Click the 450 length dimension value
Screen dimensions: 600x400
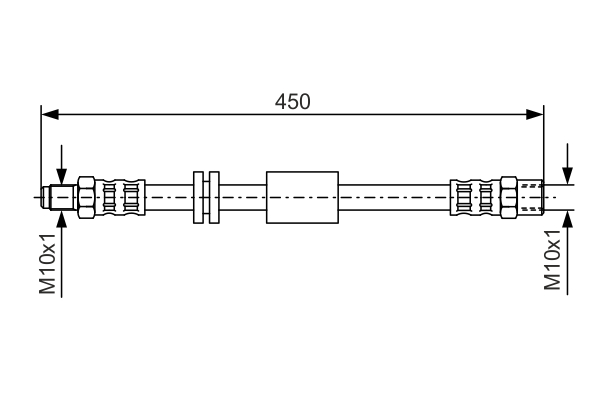click(293, 101)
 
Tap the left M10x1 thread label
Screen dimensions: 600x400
click(48, 263)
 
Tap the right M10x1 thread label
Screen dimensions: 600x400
click(552, 260)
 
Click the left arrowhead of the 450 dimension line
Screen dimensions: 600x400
click(50, 114)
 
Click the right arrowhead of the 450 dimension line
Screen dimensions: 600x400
click(535, 114)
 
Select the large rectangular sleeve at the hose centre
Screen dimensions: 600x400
click(302, 197)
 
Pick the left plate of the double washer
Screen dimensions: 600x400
click(198, 197)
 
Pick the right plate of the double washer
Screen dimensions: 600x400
click(214, 197)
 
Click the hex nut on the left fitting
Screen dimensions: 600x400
click(86, 197)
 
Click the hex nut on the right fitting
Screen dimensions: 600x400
click(509, 197)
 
